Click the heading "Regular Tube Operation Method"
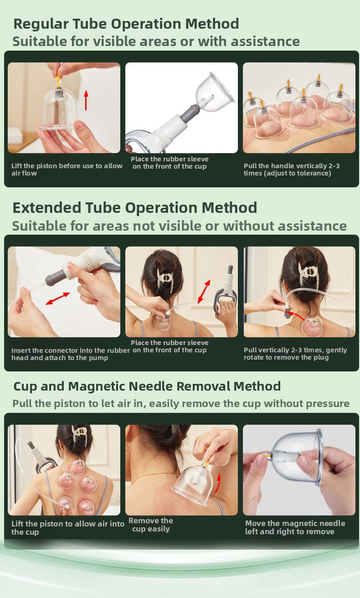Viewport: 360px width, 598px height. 126,24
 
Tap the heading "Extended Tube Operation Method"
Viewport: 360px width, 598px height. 135,208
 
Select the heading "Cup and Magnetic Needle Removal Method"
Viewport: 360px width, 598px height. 147,387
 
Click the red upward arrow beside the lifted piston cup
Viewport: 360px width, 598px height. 86,100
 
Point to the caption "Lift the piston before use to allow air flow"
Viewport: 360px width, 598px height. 67,169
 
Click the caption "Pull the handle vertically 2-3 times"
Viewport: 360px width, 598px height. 291,169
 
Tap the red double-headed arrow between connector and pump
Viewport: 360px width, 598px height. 57,299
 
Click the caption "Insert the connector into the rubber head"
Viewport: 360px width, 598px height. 71,354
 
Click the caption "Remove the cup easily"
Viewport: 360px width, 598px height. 151,525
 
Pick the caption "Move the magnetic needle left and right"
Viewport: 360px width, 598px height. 295,527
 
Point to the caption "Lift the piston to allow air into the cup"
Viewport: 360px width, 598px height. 68,528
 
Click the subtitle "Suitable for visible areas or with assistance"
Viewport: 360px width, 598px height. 156,41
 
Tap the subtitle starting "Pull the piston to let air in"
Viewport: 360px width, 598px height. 181,403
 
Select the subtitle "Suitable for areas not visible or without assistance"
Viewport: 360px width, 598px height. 180,226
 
